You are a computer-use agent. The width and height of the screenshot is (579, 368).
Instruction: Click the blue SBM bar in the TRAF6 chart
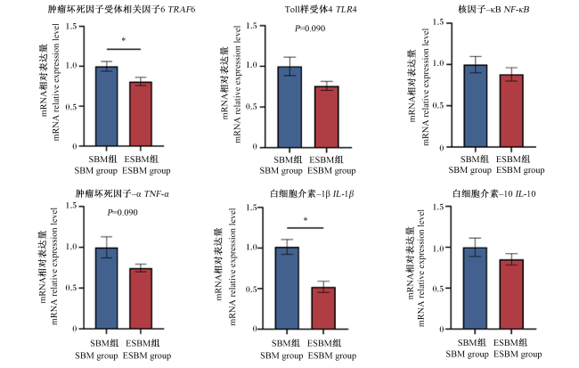click(x=107, y=106)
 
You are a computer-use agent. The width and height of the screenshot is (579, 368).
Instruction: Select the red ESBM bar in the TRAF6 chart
click(x=141, y=114)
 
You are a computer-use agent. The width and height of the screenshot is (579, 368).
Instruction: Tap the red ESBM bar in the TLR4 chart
click(x=326, y=117)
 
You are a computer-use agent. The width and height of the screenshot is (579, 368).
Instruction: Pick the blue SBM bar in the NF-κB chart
click(x=476, y=106)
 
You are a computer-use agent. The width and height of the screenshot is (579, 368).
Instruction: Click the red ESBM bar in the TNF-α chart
click(x=141, y=298)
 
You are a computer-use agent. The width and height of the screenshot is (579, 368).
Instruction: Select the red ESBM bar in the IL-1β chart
click(x=323, y=308)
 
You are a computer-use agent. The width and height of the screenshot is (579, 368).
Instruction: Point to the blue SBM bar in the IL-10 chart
click(x=476, y=288)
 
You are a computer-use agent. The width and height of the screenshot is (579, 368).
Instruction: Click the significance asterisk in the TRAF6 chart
click(x=124, y=39)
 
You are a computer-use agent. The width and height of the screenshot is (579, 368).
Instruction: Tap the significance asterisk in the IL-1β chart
click(x=306, y=219)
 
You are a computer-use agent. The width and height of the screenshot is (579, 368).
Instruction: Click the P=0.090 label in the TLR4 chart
click(x=310, y=29)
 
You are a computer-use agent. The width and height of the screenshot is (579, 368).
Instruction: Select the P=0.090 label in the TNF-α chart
click(x=122, y=212)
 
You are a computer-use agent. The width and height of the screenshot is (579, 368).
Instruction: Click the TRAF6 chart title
click(x=121, y=9)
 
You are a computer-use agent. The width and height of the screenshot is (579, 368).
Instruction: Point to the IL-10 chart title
click(x=494, y=193)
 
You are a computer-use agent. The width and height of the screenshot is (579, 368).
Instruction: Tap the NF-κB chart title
click(x=493, y=9)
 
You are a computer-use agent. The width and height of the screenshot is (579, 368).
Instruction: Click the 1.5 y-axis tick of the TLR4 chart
click(x=252, y=26)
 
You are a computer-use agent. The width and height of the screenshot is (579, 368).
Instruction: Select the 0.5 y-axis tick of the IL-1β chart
click(x=252, y=289)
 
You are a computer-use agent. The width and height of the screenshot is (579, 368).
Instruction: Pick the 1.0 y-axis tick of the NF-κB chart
click(x=438, y=64)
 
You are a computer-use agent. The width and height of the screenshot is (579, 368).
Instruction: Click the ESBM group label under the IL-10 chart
click(x=518, y=354)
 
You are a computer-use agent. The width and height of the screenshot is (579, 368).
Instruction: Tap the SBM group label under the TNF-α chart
click(x=96, y=356)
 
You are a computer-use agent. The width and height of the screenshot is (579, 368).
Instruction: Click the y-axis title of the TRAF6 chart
click(x=50, y=82)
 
